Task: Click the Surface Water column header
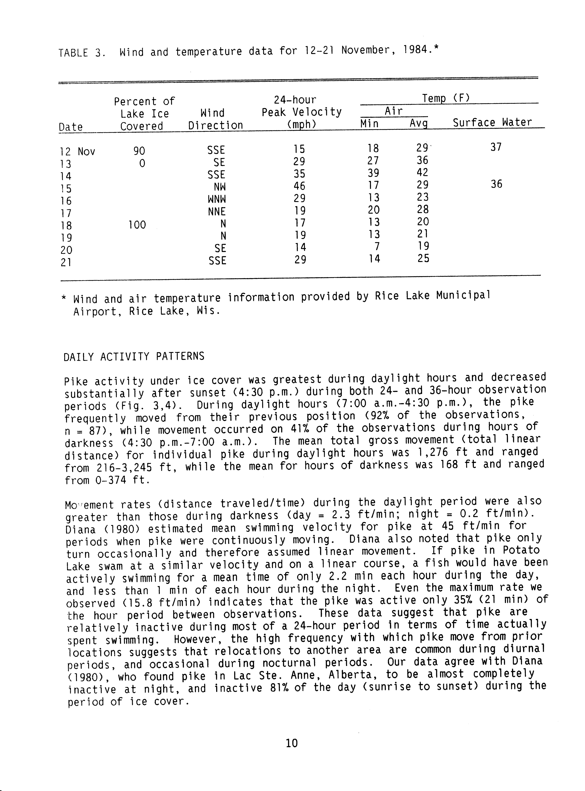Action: coord(492,122)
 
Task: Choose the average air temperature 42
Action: coord(422,173)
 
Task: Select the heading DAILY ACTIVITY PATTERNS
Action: coord(134,356)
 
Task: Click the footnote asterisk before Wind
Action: coord(64,298)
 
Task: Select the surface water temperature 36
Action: coord(496,184)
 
